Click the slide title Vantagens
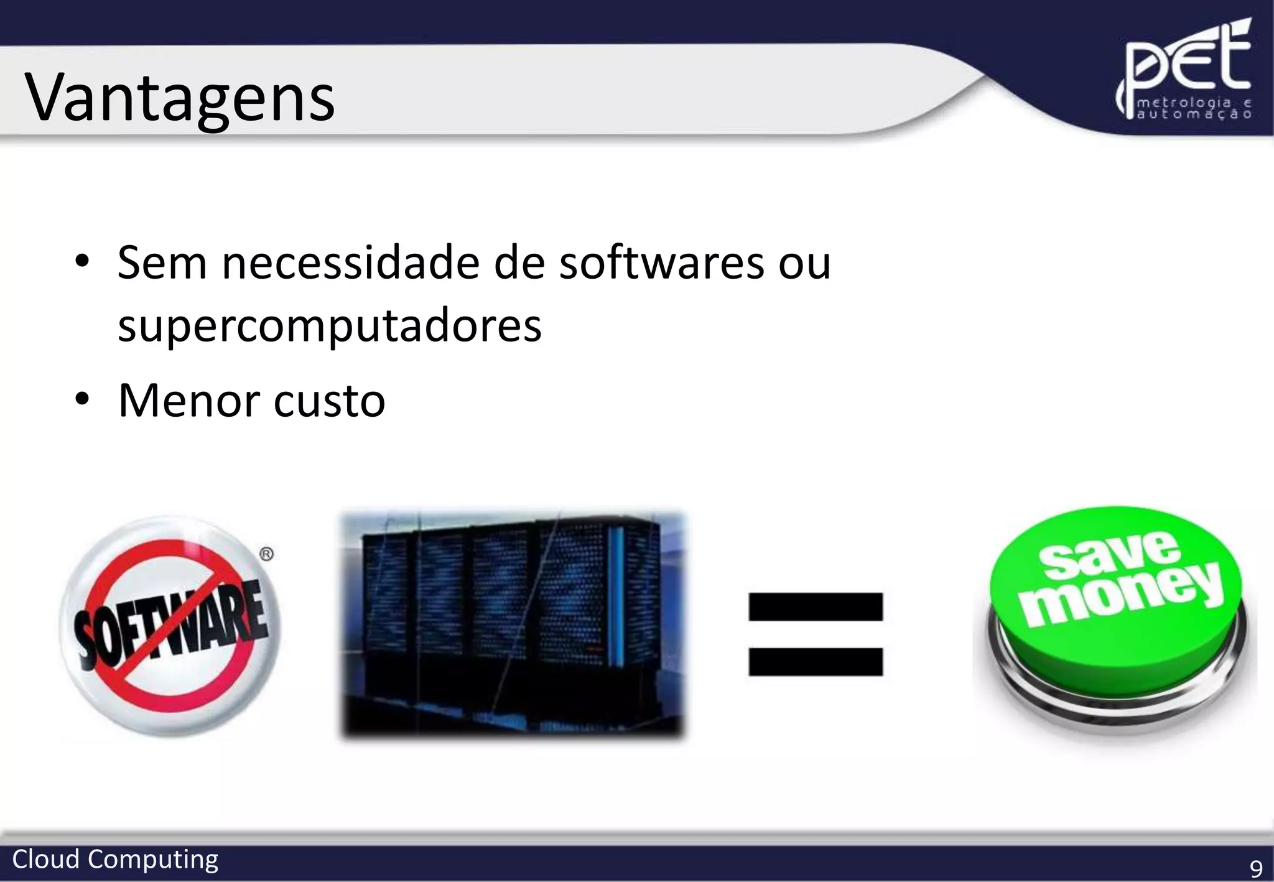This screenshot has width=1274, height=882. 180,98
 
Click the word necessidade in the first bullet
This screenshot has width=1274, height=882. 351,262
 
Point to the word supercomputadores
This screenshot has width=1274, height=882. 330,326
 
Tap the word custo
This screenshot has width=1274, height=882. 329,401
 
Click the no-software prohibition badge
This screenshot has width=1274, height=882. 170,626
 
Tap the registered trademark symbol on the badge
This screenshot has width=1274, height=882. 266,554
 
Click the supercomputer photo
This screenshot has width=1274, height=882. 512,624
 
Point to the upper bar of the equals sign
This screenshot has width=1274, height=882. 816,606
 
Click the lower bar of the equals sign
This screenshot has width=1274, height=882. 816,661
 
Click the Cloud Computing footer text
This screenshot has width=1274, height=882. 115,860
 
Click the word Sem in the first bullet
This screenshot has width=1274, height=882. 162,262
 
